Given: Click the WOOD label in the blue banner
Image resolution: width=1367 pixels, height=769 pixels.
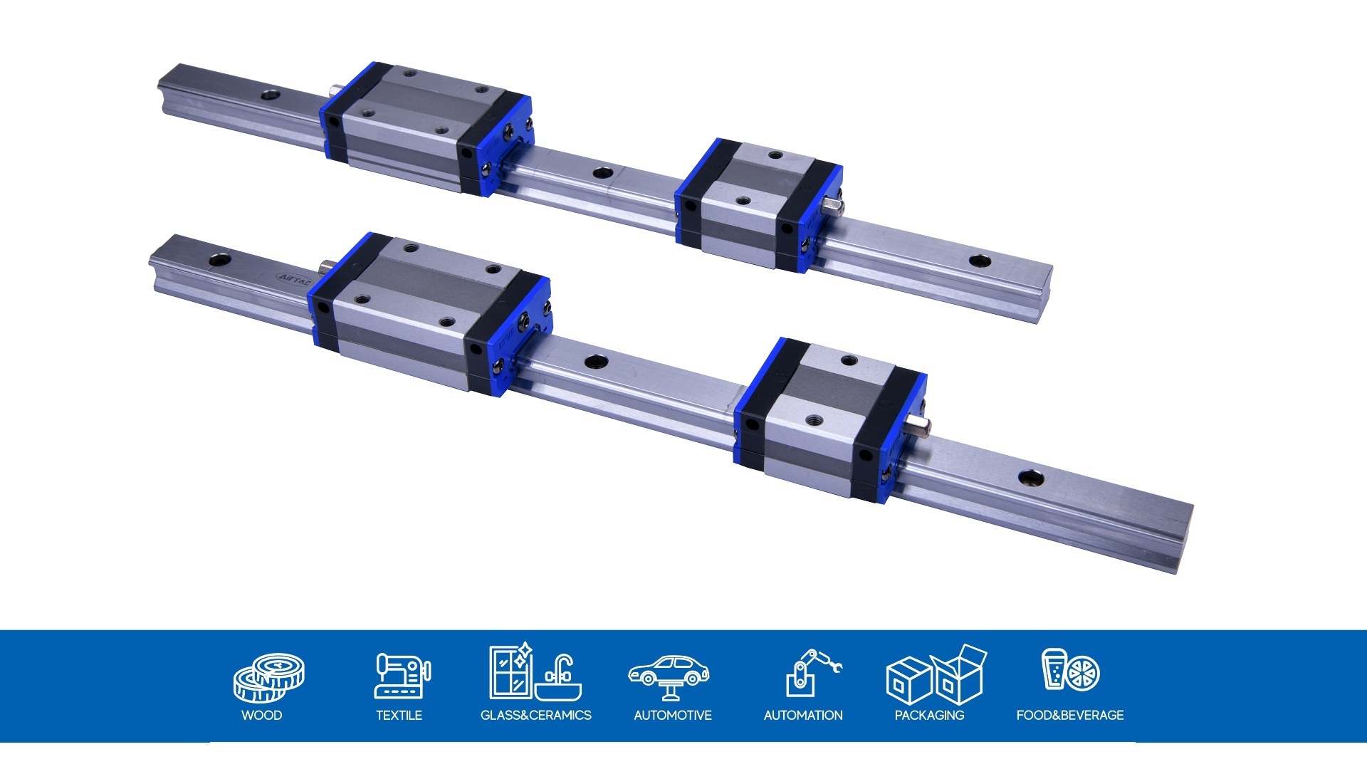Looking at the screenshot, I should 261,715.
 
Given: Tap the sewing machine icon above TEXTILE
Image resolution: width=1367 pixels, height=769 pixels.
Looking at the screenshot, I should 402,675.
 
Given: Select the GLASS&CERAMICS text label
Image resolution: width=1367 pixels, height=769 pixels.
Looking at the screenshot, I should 535,715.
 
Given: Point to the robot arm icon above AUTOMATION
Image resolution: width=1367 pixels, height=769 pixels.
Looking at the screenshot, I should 812,672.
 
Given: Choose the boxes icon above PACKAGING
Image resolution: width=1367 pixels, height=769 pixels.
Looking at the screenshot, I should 936,675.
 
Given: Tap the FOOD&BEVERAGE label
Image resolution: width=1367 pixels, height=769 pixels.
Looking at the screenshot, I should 1069,715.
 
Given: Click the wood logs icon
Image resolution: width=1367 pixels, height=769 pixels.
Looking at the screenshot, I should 269,677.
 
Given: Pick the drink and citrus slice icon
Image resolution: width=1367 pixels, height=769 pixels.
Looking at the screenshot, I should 1070,670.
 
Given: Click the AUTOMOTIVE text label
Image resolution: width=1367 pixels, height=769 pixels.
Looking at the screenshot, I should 672,715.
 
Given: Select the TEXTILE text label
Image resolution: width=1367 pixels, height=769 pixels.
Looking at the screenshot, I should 399,715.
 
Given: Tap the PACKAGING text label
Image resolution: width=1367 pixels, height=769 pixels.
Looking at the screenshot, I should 929,715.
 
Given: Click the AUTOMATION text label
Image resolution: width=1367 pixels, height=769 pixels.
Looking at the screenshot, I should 802,715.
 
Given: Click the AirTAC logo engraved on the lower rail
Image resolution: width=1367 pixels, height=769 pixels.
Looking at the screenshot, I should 293,278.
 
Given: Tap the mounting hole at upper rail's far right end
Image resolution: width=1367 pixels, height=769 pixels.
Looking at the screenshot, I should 980,261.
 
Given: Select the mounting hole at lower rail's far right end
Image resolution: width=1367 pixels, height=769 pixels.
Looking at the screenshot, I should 1030,478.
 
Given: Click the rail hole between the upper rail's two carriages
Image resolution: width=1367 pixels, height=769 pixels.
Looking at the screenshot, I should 602,173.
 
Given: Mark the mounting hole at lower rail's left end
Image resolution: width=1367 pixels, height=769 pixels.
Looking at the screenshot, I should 218,258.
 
